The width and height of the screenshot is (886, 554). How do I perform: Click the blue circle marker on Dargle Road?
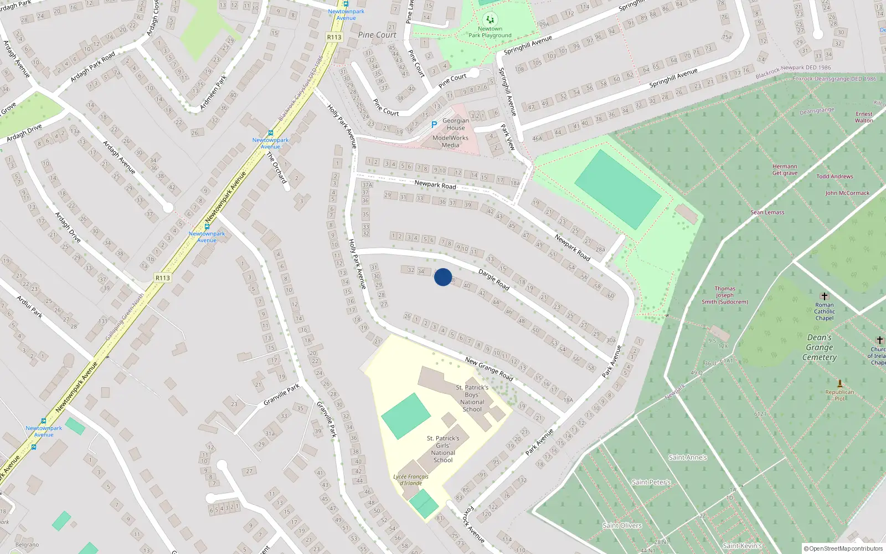click(443, 277)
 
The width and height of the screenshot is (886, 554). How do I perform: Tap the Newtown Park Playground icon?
click(490, 19)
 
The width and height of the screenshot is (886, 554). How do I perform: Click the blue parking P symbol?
click(434, 125)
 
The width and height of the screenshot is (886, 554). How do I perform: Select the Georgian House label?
click(456, 124)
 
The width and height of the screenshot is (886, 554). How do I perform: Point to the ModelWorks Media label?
click(450, 141)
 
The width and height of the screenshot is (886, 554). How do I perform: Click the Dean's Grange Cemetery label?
click(820, 347)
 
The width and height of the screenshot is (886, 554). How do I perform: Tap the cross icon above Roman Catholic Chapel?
click(825, 296)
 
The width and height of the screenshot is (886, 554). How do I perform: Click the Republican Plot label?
click(839, 395)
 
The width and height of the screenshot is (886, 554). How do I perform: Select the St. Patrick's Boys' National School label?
click(472, 398)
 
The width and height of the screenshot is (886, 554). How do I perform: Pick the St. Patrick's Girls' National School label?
click(443, 449)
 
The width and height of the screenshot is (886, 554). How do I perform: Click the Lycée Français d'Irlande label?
click(411, 480)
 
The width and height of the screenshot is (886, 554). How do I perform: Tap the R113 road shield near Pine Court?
click(334, 37)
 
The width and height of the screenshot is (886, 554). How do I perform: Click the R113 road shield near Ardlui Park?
click(163, 278)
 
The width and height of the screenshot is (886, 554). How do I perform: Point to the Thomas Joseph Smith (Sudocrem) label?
click(725, 295)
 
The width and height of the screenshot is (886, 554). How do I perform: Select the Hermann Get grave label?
click(785, 170)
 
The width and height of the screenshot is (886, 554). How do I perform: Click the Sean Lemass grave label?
click(767, 212)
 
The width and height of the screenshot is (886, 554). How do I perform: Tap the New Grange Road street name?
click(489, 368)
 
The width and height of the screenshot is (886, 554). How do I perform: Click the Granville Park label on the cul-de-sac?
click(281, 394)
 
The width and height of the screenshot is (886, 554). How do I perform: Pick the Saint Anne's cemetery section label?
click(688, 458)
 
